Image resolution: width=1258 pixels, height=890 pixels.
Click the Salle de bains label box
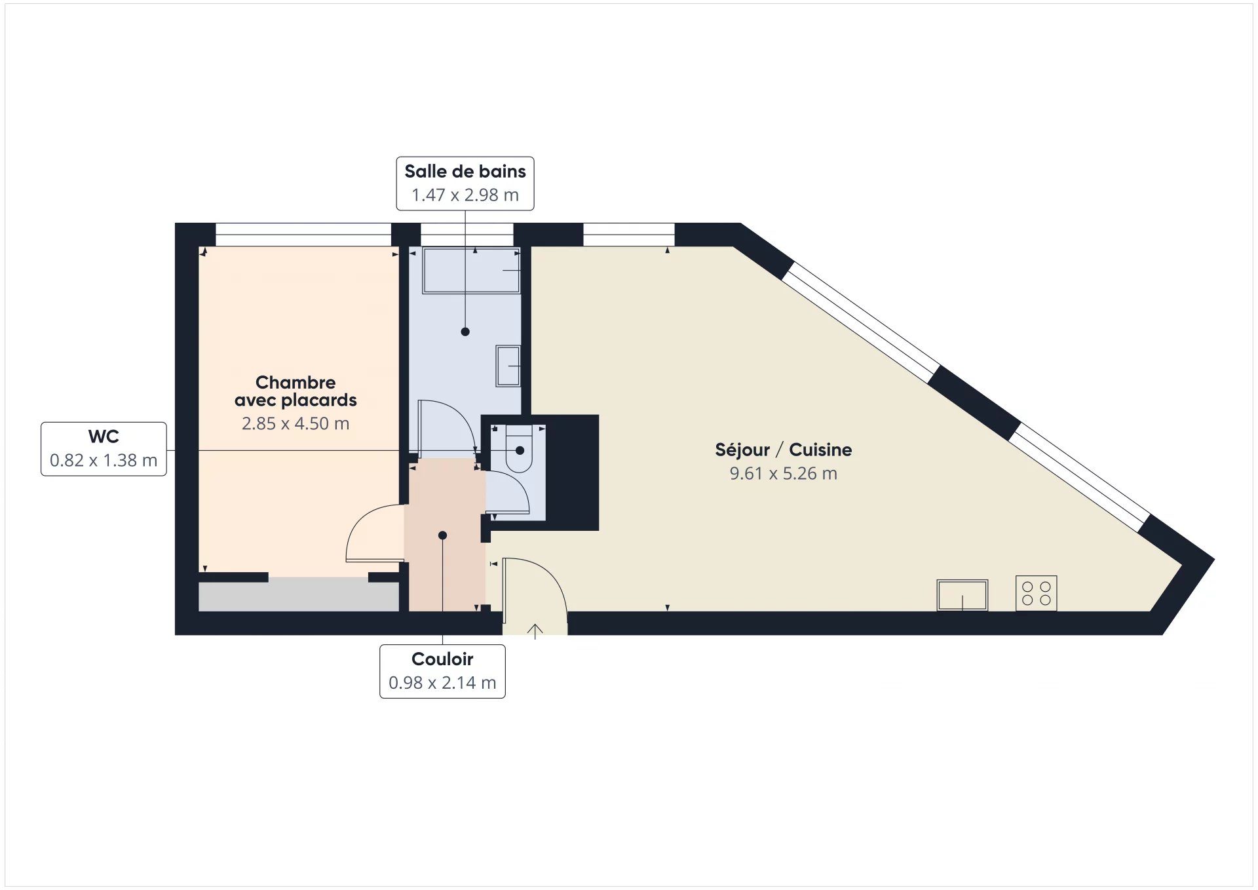click(465, 184)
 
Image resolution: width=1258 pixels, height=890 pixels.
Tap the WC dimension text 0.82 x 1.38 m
click(104, 460)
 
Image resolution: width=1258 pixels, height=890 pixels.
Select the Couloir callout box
click(442, 671)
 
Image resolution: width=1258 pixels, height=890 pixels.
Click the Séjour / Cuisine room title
click(783, 450)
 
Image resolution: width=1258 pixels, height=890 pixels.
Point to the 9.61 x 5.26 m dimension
click(783, 473)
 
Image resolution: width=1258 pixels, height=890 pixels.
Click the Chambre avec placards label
click(295, 391)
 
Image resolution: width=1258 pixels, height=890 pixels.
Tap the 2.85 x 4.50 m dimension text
click(295, 423)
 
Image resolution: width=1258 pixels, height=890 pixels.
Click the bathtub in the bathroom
click(470, 270)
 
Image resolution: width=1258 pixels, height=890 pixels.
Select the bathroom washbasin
click(508, 366)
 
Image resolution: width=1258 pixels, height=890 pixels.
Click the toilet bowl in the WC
click(519, 449)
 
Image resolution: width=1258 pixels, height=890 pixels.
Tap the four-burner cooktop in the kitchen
click(1036, 593)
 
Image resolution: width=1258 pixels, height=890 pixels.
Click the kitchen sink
click(962, 594)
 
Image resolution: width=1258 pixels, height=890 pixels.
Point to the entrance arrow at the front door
click(535, 631)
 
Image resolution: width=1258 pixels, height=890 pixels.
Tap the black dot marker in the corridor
click(442, 535)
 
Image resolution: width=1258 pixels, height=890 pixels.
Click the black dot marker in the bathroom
click(465, 332)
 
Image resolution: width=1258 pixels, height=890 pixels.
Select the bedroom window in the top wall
click(303, 235)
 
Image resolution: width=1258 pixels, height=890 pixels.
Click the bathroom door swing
click(446, 426)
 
